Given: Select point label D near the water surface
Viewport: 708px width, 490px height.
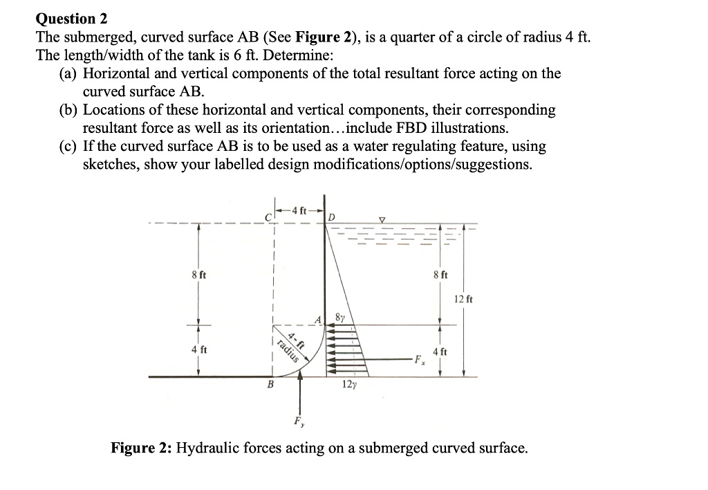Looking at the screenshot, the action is point(332,218).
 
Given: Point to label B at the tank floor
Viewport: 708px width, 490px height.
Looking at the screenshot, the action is point(271,385).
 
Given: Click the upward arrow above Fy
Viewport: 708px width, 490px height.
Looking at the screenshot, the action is point(300,394).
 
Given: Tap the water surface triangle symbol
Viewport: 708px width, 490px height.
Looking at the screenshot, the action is point(382,220).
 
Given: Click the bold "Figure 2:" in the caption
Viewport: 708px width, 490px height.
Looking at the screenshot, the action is point(142,448).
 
